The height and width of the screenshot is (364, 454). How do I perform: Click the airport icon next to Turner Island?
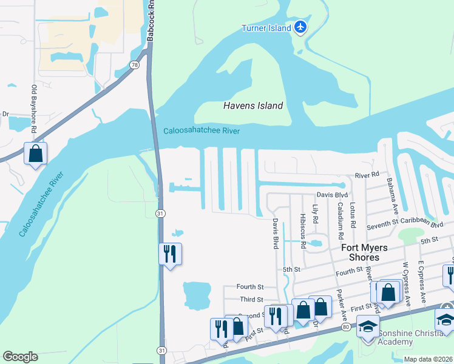(300, 27)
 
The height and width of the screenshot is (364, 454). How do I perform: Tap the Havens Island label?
(253, 106)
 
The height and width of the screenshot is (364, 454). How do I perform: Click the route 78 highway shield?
(135, 64)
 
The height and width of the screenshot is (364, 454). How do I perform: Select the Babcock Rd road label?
(149, 21)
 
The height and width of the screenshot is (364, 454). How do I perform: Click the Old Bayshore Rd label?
(35, 110)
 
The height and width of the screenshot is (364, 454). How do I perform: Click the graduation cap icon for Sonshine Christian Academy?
(367, 327)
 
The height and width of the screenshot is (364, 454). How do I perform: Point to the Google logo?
(20, 357)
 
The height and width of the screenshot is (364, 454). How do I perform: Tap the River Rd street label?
(367, 175)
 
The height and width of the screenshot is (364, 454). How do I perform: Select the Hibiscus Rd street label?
(302, 226)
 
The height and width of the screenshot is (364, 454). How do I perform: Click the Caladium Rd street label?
(340, 221)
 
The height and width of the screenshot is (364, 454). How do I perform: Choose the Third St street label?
(251, 299)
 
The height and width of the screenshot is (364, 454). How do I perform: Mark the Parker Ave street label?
(341, 291)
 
